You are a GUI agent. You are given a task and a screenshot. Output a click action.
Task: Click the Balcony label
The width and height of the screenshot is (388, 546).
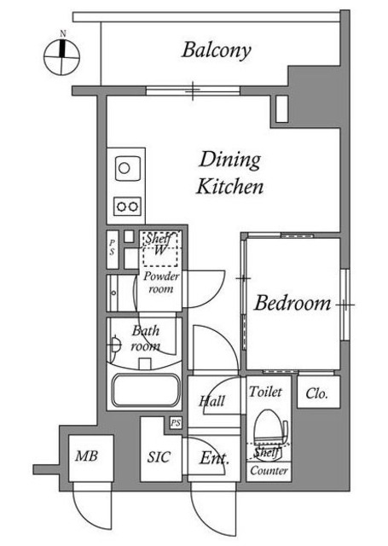tap(216, 50)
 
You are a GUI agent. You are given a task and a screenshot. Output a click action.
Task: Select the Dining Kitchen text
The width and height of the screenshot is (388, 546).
tap(229, 172)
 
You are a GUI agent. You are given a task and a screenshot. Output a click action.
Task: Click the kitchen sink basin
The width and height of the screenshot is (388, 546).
tap(128, 168)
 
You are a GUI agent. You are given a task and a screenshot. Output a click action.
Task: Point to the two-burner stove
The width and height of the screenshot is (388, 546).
tap(127, 206)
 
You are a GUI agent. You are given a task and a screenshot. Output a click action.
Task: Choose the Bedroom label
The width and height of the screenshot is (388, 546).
tap(292, 303)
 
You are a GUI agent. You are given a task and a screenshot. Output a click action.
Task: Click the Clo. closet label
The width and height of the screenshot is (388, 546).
tap(317, 394)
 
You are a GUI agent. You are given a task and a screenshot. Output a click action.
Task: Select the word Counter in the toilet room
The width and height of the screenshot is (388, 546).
tap(269, 471)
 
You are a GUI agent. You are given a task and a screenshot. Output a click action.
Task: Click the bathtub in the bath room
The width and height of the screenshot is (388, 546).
tap(146, 390)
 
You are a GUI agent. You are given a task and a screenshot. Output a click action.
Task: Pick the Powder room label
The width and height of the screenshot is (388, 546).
tap(161, 282)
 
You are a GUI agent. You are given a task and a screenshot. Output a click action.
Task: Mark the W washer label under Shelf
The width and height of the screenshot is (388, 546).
tap(159, 250)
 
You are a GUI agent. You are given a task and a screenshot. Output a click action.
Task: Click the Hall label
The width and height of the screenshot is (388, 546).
tap(212, 401)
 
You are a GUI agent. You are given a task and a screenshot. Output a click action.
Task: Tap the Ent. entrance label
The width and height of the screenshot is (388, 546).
tap(214, 459)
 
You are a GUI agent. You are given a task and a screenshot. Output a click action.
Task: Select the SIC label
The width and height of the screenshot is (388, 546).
tap(159, 457)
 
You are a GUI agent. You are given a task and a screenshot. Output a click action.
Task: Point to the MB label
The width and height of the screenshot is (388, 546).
tap(87, 456)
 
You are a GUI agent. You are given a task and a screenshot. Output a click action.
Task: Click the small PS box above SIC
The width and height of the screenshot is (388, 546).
tap(176, 423)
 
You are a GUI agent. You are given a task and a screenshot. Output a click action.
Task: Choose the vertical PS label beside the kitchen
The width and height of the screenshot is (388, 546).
tap(112, 247)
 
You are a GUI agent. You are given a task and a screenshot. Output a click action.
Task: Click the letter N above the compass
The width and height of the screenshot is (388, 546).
tap(62, 34)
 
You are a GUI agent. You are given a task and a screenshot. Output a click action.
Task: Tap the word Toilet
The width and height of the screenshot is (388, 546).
tap(265, 392)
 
